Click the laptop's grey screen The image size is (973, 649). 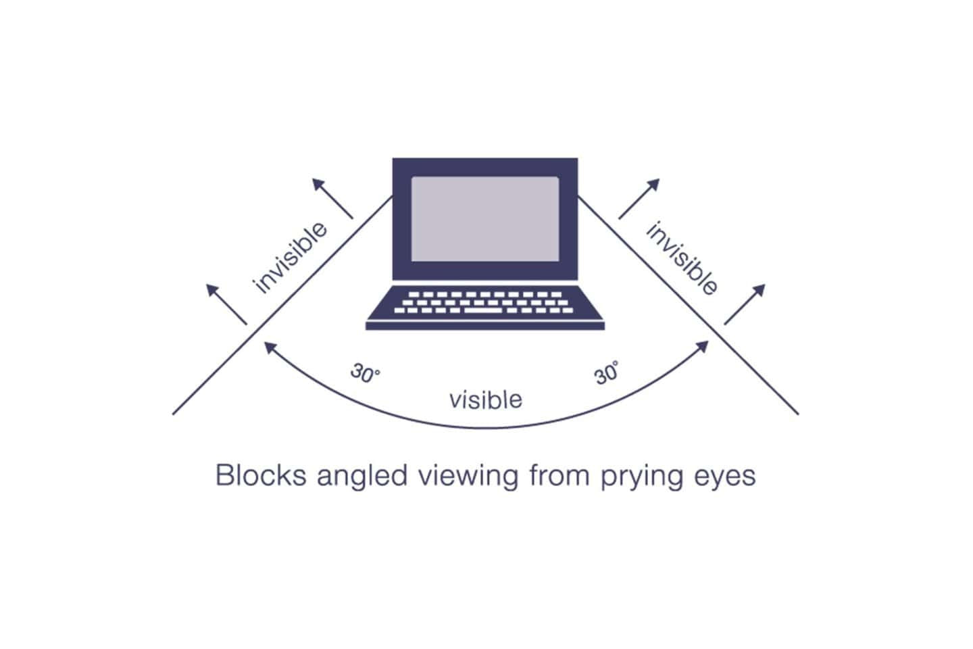point(485,219)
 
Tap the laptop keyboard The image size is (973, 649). point(485,302)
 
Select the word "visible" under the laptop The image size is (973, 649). point(485,400)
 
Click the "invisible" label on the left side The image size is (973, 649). point(289,257)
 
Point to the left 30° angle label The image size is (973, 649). point(365,374)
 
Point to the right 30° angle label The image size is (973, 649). point(607,373)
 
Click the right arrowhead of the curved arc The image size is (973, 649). point(703,346)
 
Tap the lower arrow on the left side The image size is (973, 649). point(226,304)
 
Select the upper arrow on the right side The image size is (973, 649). point(639,199)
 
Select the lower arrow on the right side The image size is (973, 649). point(745,304)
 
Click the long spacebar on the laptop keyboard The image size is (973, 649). point(483,310)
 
